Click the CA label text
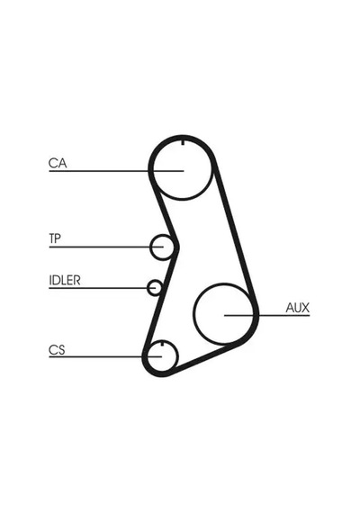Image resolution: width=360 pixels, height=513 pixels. click(58, 163)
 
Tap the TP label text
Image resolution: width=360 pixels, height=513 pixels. click(55, 238)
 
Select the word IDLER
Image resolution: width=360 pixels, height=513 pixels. click(65, 280)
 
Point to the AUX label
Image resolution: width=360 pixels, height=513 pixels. click(298, 308)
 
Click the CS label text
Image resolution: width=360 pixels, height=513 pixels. click(57, 350)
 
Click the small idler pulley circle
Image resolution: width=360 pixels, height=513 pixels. click(148, 287)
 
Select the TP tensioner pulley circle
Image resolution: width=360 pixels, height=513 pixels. click(151, 247)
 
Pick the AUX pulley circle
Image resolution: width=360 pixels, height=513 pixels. click(194, 314)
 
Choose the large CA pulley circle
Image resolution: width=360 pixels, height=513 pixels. click(183, 199)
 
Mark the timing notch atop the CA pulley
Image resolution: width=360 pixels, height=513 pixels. click(183, 142)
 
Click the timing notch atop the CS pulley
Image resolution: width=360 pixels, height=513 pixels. click(162, 343)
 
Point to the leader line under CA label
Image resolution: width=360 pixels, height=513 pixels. click(116, 171)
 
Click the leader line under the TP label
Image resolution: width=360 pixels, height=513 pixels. click(106, 247)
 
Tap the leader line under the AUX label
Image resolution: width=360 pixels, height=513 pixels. click(266, 315)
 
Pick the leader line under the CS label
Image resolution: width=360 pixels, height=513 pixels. click(105, 356)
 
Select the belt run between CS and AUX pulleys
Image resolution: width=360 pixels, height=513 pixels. click(206, 357)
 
